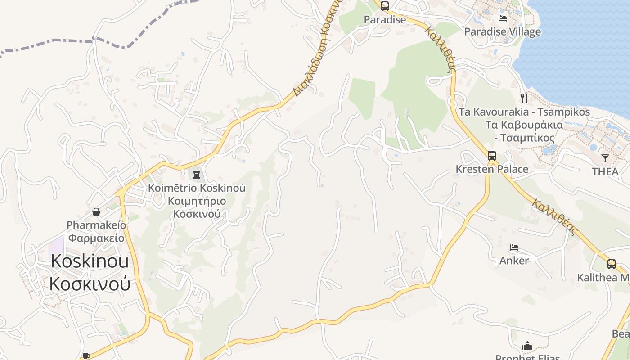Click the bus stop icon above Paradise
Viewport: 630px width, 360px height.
point(384,6)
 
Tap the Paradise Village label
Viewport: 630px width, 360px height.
point(502,32)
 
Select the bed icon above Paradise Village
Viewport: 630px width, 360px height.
point(503,18)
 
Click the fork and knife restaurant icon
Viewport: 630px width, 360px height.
point(524,98)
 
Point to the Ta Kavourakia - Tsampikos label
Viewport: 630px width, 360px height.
point(524,112)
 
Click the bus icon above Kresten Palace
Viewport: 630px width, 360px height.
point(492,156)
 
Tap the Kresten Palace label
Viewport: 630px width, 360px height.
point(492,169)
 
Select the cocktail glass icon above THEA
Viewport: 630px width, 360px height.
point(605,158)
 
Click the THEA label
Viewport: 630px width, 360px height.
point(605,171)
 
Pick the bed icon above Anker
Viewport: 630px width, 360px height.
point(514,247)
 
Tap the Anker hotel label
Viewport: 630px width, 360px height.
point(514,261)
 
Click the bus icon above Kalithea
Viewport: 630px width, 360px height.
point(611,264)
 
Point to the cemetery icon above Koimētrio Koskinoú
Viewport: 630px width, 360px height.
point(197,175)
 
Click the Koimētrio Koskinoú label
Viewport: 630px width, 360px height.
point(197,188)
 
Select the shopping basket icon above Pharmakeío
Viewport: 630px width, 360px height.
point(96,211)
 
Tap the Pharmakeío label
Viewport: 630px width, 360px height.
point(96,225)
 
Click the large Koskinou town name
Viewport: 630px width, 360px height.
point(90,261)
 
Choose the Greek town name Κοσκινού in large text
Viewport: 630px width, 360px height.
point(90,284)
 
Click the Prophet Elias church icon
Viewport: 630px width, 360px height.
point(527,346)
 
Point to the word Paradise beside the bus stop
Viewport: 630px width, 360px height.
point(385,20)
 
